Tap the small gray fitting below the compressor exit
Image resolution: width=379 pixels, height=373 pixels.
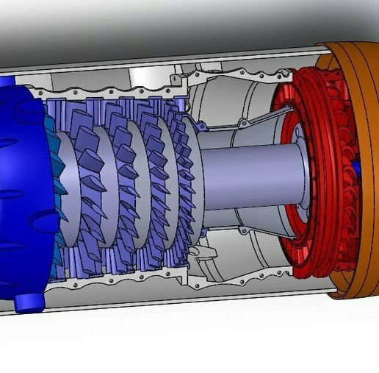[202, 255]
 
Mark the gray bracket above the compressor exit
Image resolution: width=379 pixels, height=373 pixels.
[176, 77]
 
